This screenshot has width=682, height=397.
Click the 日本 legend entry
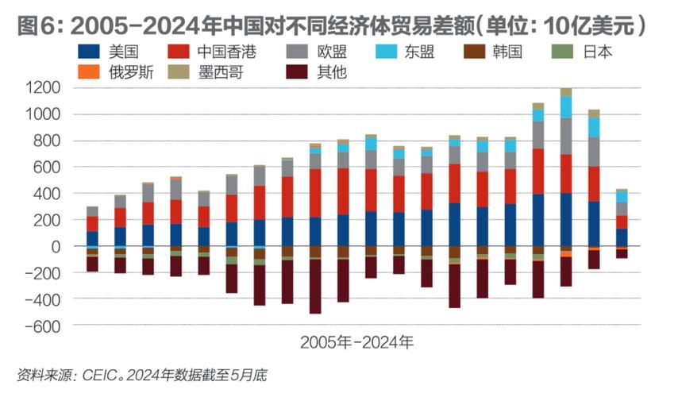click(595, 52)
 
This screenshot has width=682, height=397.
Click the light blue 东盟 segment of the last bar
click(621, 196)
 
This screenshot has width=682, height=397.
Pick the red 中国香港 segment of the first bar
click(92, 223)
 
